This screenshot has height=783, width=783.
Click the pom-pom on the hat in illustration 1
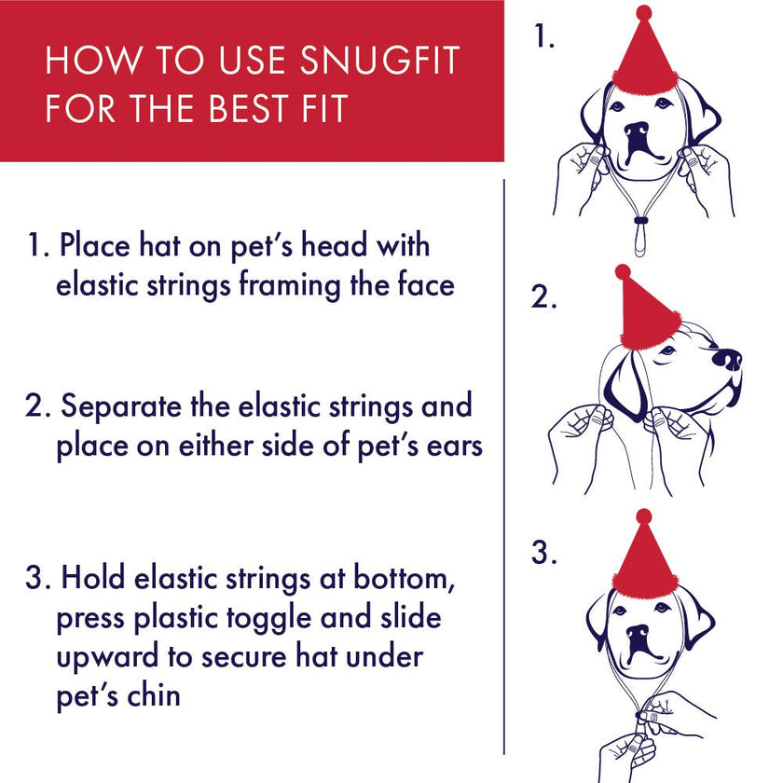click(x=644, y=12)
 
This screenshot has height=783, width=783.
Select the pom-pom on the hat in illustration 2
click(x=623, y=272)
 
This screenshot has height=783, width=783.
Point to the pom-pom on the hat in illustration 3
click(x=644, y=516)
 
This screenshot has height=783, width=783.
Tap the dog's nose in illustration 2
click(x=727, y=358)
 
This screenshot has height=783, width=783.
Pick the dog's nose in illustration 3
click(x=639, y=636)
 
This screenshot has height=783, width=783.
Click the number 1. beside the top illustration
click(x=545, y=37)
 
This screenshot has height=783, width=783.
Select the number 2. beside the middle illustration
click(x=544, y=297)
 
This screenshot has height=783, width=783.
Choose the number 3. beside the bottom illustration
click(x=544, y=553)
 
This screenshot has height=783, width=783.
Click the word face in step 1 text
click(x=424, y=284)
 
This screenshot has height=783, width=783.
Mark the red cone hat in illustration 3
click(x=644, y=559)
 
